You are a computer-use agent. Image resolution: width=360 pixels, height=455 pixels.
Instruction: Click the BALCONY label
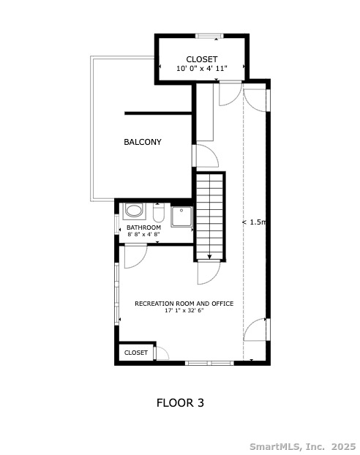click(142, 142)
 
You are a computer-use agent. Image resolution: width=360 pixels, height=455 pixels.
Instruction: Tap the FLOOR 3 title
click(180, 403)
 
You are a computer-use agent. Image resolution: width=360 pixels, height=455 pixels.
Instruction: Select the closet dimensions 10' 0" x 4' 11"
click(202, 69)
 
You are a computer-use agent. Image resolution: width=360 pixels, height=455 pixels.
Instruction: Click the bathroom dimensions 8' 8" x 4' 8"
click(143, 234)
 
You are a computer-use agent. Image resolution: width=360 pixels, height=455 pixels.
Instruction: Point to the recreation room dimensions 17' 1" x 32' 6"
click(184, 310)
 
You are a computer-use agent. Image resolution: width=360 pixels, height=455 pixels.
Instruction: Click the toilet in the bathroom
click(159, 213)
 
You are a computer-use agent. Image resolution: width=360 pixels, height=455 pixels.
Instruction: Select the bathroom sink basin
click(134, 211)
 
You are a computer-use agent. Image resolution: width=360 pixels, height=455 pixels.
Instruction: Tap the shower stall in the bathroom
click(181, 217)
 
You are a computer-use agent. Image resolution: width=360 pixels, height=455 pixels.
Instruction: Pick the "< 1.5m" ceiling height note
click(254, 222)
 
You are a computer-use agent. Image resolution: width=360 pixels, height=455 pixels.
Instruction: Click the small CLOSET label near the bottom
click(136, 353)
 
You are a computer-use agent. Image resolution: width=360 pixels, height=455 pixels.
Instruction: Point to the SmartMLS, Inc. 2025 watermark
click(302, 446)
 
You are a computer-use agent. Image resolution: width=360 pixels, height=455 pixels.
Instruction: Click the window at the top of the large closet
click(209, 36)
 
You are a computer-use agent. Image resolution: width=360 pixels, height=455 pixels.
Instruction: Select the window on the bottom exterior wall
click(209, 363)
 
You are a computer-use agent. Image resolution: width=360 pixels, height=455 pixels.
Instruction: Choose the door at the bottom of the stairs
click(209, 272)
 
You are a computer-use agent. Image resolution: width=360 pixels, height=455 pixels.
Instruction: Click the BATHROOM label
click(143, 227)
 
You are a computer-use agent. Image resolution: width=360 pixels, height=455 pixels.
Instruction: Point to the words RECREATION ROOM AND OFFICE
click(184, 304)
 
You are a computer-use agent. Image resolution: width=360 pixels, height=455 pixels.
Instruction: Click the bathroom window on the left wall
click(117, 224)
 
